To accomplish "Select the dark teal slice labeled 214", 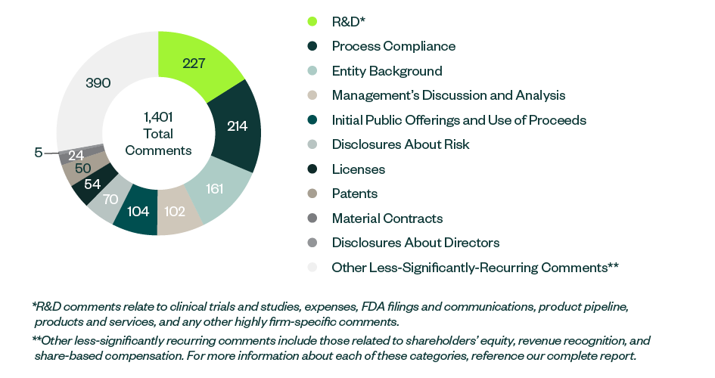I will (x=237, y=125).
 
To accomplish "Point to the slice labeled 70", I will (x=110, y=200).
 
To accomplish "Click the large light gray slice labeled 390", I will (x=98, y=82).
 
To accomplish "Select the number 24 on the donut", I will (x=76, y=156).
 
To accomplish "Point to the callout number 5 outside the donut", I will (x=38, y=153).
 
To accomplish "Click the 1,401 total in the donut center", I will (x=158, y=117).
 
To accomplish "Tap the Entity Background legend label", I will (x=387, y=71).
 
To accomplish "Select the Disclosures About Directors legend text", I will (x=415, y=243).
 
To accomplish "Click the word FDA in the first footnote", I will (x=362, y=308).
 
